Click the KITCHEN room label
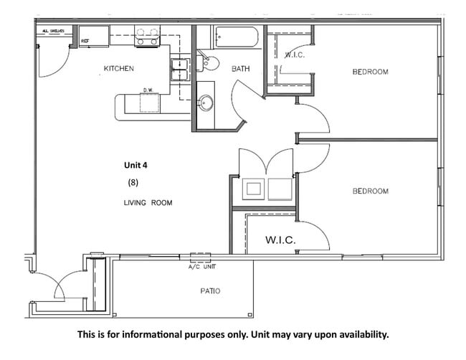tap(119, 68)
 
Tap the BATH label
tap(239, 69)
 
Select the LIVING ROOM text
tap(148, 203)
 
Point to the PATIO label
tap(209, 291)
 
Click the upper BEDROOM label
tap(370, 72)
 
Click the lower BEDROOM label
tap(370, 191)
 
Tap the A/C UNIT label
tap(201, 267)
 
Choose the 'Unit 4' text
tap(135, 164)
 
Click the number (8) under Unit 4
tap(133, 182)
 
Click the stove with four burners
tap(147, 37)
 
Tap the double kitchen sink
tap(179, 70)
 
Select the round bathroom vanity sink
tap(206, 103)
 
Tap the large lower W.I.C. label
tap(281, 239)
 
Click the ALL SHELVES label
tap(54, 31)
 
